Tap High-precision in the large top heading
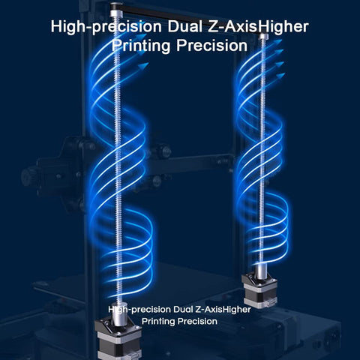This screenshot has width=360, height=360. point(106,28)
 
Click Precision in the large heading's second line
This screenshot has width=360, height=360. point(212,46)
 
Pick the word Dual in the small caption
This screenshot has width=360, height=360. point(183,310)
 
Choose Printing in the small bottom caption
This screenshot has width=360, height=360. point(156,321)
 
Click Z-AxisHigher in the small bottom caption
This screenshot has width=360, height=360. point(223,310)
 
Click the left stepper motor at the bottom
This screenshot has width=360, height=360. point(118,341)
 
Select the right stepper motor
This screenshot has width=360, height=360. point(259,290)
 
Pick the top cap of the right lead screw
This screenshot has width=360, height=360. point(264,37)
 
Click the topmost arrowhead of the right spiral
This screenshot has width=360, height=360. point(278,41)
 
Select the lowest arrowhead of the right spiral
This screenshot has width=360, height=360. point(280,75)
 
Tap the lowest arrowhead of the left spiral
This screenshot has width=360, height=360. point(143,66)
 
